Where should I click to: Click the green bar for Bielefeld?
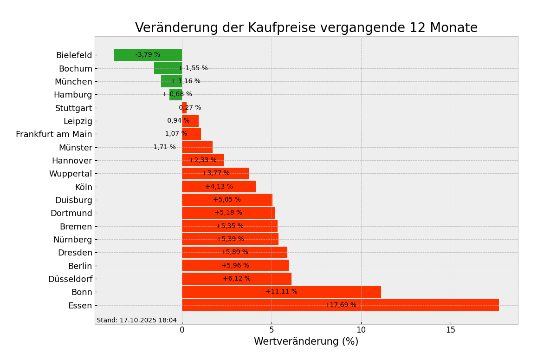(148, 55)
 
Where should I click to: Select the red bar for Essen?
(340, 305)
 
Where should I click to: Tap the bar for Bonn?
(281, 292)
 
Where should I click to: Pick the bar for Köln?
(219, 187)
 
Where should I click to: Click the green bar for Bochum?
(168, 68)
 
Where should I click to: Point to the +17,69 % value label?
(340, 305)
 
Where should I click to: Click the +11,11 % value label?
(281, 292)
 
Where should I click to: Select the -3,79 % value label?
(148, 55)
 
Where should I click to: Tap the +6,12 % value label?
(237, 279)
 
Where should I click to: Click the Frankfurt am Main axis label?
(54, 134)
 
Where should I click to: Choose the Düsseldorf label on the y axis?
(70, 279)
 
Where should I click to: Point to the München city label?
(73, 82)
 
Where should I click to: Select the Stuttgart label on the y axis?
(74, 108)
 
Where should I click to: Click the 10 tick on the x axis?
(361, 330)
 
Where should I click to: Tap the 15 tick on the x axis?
(451, 330)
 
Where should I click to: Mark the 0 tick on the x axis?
(182, 330)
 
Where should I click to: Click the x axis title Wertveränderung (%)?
(306, 342)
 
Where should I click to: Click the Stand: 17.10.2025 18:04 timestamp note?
(137, 321)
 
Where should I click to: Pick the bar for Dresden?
(234, 252)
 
